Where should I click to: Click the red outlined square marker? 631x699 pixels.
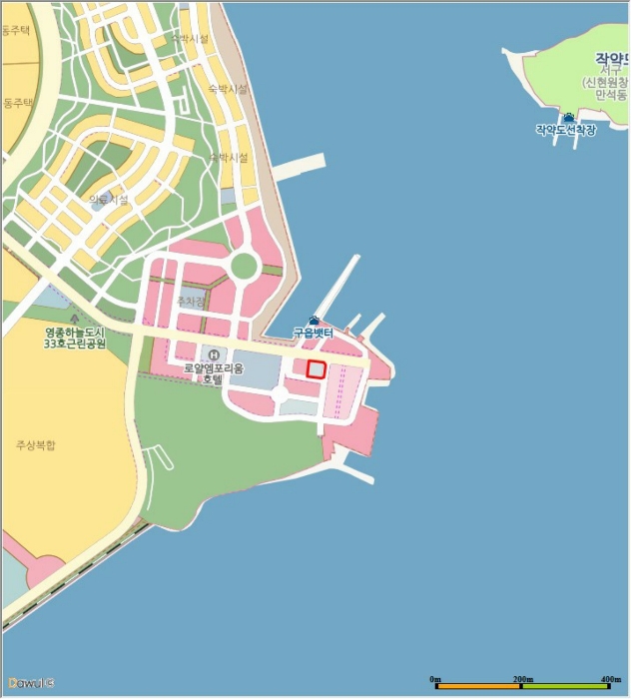(315, 369)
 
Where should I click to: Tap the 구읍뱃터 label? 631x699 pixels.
(318, 332)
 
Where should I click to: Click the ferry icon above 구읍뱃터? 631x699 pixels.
(314, 320)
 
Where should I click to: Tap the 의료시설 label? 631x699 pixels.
(109, 200)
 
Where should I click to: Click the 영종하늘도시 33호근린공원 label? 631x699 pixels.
(75, 338)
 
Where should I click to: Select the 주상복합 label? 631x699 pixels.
(36, 444)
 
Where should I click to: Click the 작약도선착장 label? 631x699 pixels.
(565, 130)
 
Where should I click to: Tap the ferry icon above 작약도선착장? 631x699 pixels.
(569, 117)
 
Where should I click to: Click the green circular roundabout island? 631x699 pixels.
(243, 267)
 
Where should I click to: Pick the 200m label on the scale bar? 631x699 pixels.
(521, 679)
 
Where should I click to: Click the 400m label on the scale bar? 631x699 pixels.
(611, 679)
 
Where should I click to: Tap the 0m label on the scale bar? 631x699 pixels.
(435, 679)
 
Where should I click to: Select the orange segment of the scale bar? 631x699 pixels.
(478, 687)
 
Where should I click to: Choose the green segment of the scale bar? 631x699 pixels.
(565, 687)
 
